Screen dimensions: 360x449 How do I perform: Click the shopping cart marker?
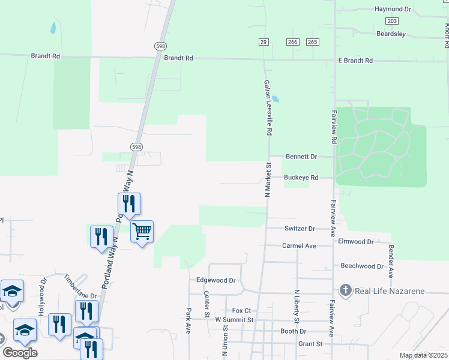(x=142, y=231)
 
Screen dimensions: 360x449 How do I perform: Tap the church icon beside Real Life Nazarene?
(x=346, y=291)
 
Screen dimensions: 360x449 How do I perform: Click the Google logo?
(x=20, y=352)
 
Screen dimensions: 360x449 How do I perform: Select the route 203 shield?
(x=393, y=21)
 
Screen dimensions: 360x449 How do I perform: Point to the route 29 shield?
(x=264, y=41)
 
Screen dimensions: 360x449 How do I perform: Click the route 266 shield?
(x=292, y=41)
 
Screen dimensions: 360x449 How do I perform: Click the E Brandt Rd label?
(x=355, y=61)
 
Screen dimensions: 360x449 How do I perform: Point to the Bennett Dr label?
(x=301, y=157)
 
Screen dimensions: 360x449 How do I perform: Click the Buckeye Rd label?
(x=300, y=178)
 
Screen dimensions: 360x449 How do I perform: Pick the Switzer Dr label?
(x=299, y=229)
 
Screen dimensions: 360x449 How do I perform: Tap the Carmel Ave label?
(x=299, y=246)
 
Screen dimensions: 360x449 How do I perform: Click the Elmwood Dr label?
(x=356, y=242)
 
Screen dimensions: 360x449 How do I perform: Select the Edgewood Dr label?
(x=215, y=280)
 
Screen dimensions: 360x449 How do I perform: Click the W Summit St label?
(x=234, y=320)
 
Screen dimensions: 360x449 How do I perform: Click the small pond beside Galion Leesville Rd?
(x=275, y=98)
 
